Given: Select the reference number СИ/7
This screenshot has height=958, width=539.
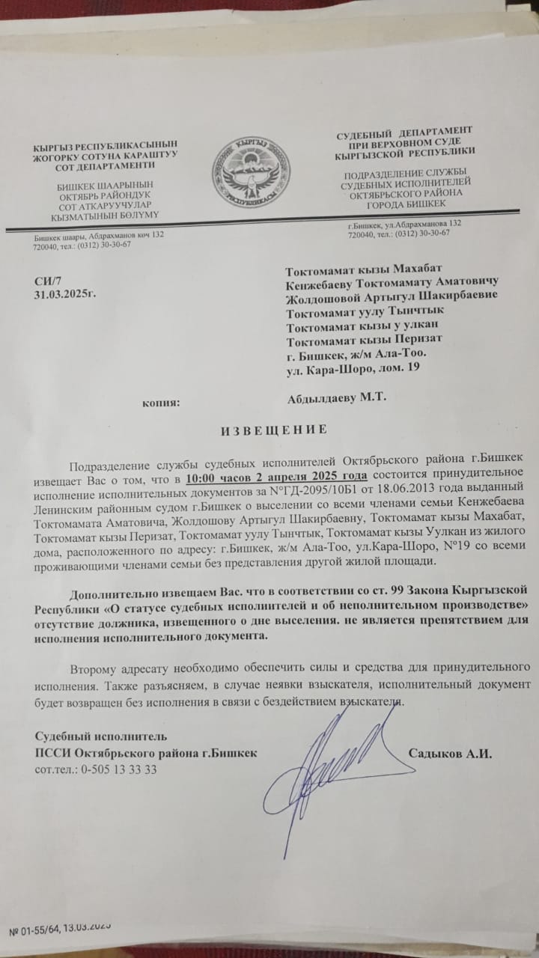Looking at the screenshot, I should (46, 280).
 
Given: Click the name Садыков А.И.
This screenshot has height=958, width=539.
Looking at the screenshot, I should (450, 753).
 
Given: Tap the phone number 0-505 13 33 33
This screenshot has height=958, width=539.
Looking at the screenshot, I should (112, 769).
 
